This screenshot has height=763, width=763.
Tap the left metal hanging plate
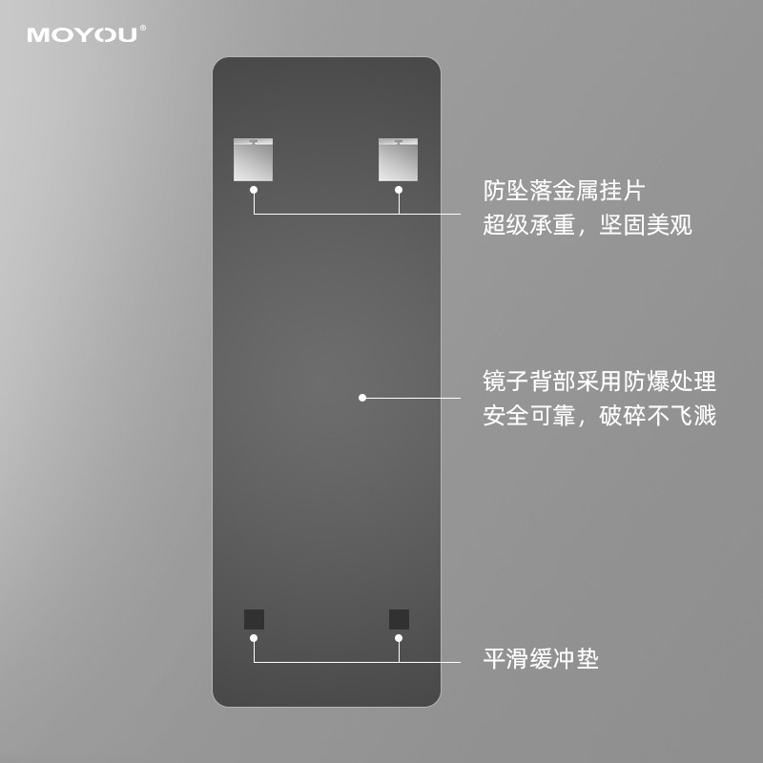[x=254, y=159]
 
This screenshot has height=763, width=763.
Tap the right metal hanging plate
[x=399, y=159]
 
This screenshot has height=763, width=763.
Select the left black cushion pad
[x=254, y=619]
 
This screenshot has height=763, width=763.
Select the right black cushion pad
[x=399, y=619]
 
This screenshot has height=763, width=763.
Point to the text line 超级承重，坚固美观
[x=588, y=225]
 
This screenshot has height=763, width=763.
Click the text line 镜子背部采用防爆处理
[x=599, y=382]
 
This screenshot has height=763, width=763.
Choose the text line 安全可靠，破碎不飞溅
[x=599, y=416]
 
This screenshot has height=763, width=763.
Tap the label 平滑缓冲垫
[x=541, y=659]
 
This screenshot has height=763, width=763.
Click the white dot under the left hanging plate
[x=254, y=190]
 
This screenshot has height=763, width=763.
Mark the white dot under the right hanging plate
[x=399, y=190]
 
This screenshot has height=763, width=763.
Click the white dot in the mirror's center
[x=362, y=398]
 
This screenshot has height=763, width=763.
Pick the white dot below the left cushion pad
[x=254, y=636]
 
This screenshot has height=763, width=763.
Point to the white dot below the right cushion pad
[x=399, y=636]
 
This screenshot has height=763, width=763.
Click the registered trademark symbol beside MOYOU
[x=144, y=29]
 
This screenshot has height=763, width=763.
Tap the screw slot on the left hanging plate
[x=254, y=142]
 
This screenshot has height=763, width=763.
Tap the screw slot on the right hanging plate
[x=399, y=142]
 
